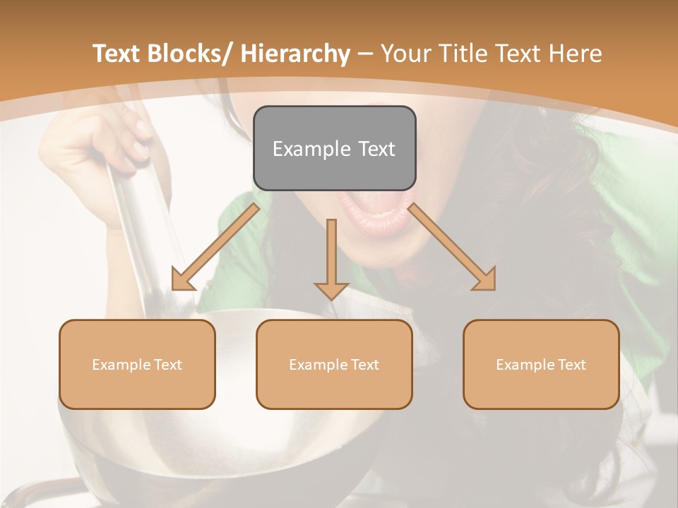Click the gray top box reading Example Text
(x=334, y=148)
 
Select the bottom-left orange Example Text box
(x=137, y=364)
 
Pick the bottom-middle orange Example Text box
(x=334, y=364)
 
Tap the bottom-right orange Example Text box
(x=541, y=364)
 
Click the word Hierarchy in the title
(x=295, y=54)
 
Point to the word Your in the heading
(x=405, y=54)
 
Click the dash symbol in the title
(x=366, y=54)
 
